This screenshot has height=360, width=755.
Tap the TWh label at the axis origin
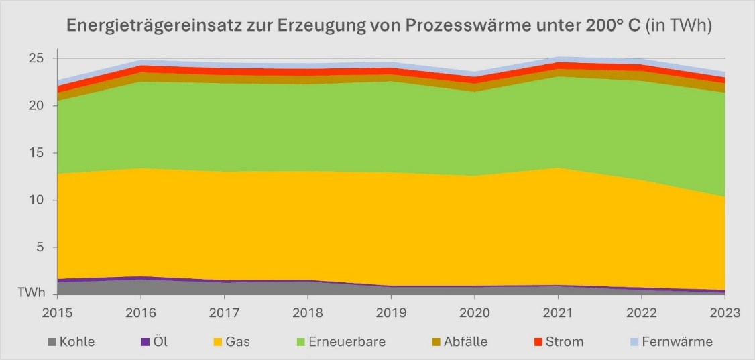32,293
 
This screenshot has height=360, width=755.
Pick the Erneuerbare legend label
347,342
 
